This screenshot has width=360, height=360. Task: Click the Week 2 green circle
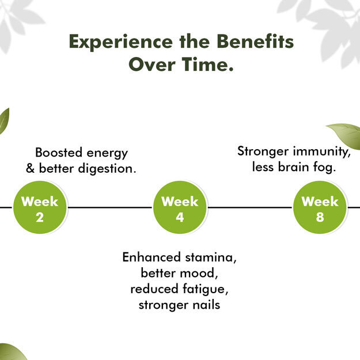(x=40, y=207)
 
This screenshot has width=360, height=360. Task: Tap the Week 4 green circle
(x=180, y=207)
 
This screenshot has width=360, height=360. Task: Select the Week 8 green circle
(x=320, y=207)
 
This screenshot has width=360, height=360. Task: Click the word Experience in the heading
(x=121, y=42)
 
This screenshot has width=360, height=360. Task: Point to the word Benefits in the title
(x=255, y=41)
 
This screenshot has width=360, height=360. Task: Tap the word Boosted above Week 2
(x=59, y=153)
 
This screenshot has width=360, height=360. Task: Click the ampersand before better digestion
(x=30, y=168)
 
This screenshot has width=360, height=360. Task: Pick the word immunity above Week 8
(x=320, y=151)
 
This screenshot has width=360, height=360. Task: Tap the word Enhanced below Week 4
(x=151, y=257)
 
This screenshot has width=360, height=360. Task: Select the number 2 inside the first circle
(x=40, y=217)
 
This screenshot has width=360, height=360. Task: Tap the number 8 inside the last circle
(x=320, y=217)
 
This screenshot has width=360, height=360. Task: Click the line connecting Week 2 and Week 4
(x=110, y=207)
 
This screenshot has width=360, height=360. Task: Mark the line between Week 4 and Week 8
(x=250, y=207)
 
